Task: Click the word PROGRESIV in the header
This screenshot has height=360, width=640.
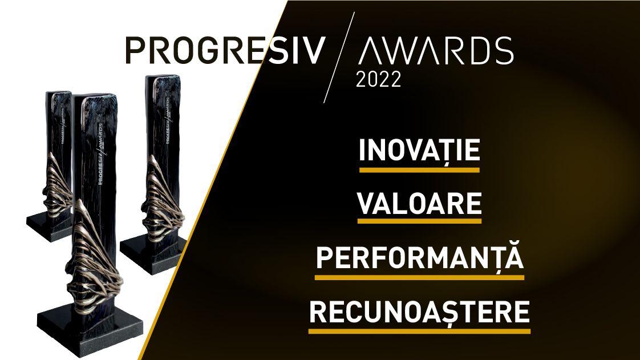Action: click(225, 51)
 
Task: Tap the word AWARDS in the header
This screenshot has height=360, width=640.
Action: click(436, 51)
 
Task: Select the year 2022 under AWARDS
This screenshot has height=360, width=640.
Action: click(378, 79)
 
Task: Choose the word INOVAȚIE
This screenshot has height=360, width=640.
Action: click(419, 150)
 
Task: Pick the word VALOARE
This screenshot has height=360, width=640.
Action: click(419, 204)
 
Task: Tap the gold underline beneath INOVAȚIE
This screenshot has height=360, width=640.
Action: click(419, 169)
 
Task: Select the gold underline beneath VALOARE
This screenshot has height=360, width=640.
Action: click(419, 223)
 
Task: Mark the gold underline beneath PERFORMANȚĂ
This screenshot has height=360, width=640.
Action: click(419, 277)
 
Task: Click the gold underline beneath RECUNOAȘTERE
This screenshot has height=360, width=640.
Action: click(419, 331)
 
